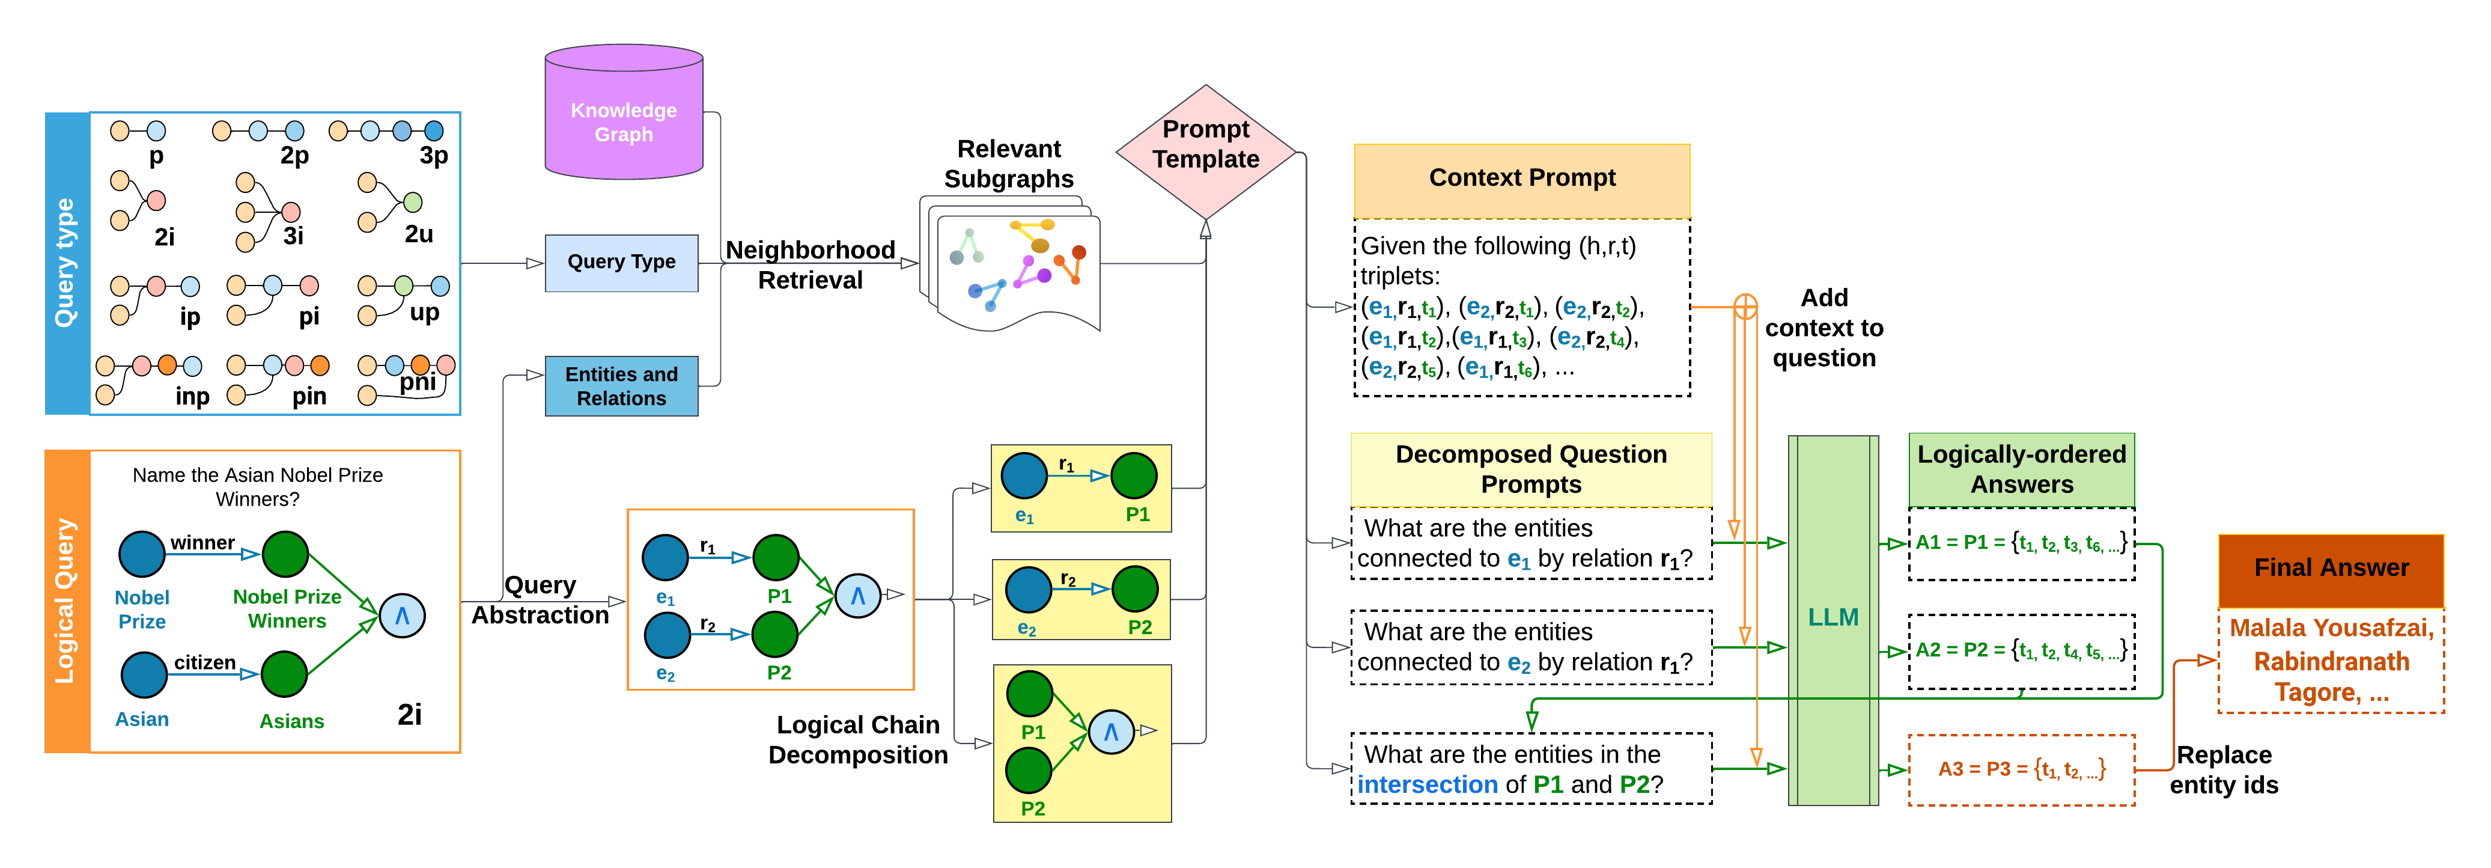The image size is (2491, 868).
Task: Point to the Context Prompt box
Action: (x=1521, y=180)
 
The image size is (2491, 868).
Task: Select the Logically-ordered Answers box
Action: (x=2021, y=469)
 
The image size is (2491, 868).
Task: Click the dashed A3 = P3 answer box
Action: (x=2021, y=770)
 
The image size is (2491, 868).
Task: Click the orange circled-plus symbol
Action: (x=1745, y=307)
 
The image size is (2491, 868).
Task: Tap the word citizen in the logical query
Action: (x=205, y=663)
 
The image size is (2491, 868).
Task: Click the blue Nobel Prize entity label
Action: (x=142, y=610)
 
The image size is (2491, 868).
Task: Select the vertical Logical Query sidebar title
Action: (x=65, y=601)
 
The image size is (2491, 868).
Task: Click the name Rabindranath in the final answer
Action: (x=2331, y=662)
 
